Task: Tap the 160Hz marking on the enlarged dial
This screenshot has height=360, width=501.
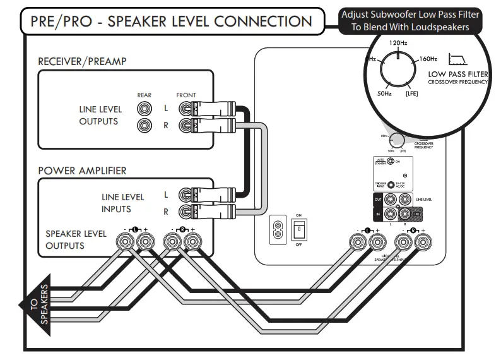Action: [428, 59]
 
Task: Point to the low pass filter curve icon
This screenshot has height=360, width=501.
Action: [457, 61]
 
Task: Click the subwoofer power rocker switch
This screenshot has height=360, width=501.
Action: [298, 231]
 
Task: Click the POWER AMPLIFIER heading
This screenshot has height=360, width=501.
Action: [82, 171]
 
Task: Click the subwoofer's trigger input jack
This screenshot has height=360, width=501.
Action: [391, 185]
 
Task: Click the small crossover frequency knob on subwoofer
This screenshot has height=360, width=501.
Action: [397, 141]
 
